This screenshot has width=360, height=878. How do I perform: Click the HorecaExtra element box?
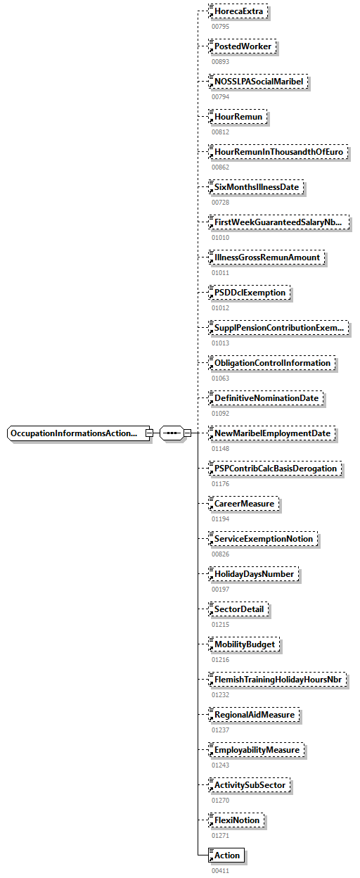(x=240, y=11)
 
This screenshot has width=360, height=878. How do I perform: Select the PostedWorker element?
(x=243, y=46)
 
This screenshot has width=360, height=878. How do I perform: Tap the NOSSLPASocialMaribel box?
(x=259, y=82)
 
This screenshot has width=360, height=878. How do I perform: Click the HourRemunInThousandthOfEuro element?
(x=279, y=152)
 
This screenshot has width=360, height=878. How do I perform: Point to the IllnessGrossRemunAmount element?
(x=267, y=257)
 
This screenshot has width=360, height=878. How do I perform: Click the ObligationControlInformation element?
(x=272, y=363)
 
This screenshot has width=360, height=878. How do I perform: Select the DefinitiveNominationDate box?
(x=266, y=398)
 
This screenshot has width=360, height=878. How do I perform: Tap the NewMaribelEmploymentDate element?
(x=272, y=433)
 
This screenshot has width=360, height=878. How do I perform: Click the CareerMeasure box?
(x=244, y=504)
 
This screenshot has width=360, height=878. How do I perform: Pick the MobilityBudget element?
(x=245, y=644)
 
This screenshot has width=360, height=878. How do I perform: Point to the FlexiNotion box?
(x=238, y=820)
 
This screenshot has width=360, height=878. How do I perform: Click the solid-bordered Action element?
(x=226, y=855)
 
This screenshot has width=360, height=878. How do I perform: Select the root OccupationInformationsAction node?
(x=77, y=433)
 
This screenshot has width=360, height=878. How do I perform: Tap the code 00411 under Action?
(x=220, y=871)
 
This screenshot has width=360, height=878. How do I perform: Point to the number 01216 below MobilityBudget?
(x=220, y=660)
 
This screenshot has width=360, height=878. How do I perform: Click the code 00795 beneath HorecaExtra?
(x=220, y=27)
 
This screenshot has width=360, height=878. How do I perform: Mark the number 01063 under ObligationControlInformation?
(x=220, y=378)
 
